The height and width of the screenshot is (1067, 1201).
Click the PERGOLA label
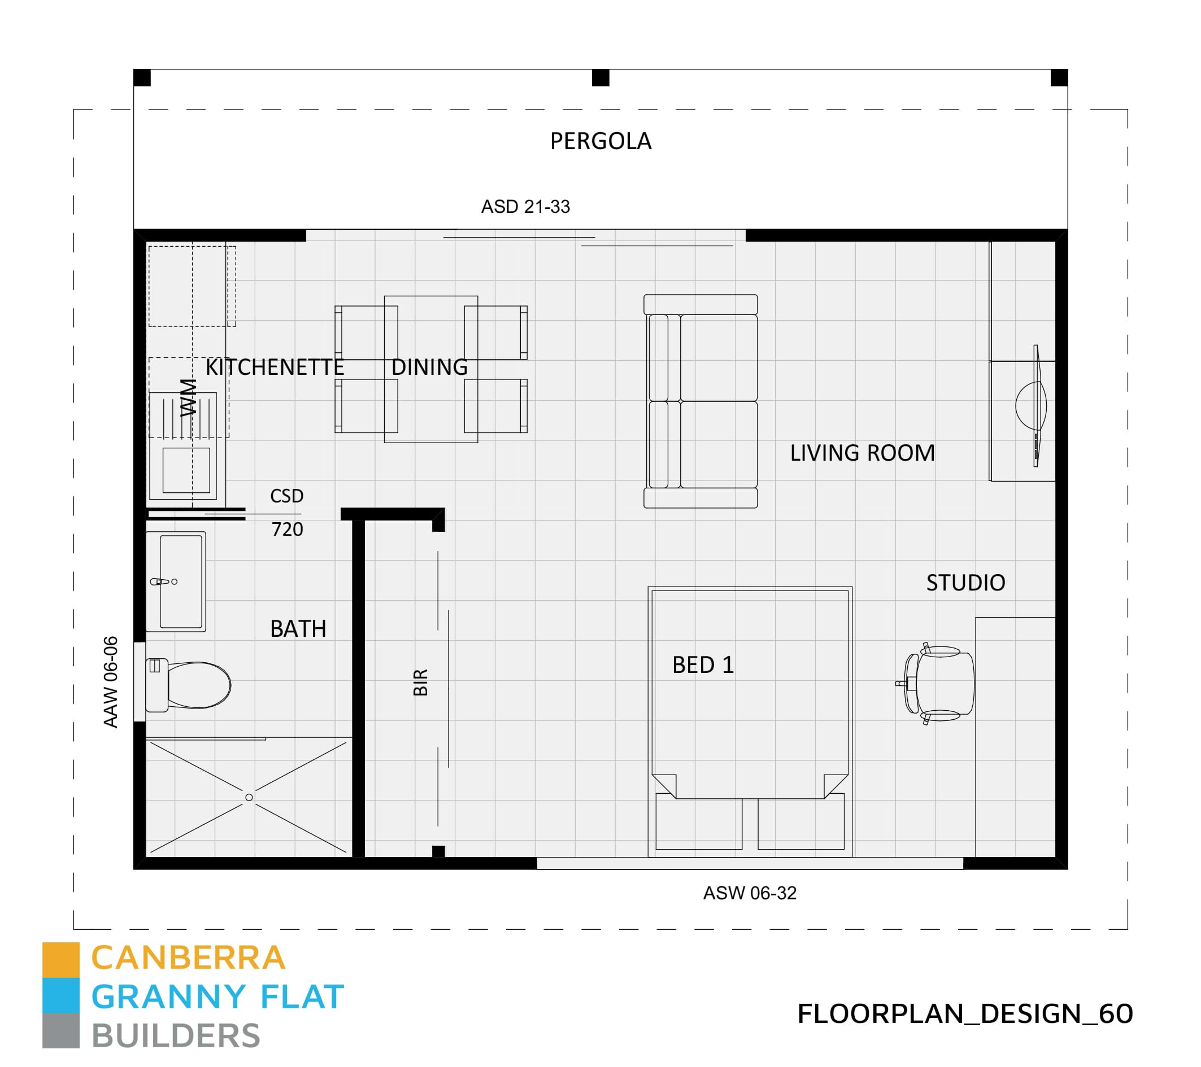[x=600, y=142]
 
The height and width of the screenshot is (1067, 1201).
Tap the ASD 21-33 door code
[x=525, y=207]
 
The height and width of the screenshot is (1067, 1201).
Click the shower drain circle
[x=249, y=798]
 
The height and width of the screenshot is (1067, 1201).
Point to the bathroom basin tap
[x=162, y=581]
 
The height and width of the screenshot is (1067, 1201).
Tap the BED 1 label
[x=703, y=666]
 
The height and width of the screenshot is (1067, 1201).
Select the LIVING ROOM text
[x=862, y=453]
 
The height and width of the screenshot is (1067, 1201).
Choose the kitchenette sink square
[x=186, y=470]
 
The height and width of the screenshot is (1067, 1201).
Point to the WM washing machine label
[x=189, y=397]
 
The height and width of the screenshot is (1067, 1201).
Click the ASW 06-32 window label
[x=750, y=893]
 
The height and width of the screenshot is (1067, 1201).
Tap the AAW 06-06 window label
[x=111, y=682]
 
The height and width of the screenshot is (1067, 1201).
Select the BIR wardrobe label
[x=421, y=682]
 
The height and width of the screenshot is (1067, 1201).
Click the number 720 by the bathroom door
[x=288, y=530]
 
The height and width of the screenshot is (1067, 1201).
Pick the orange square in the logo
[x=60, y=960]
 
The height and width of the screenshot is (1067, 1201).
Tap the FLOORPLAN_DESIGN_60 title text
[x=965, y=1013]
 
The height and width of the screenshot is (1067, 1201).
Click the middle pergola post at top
[x=600, y=77]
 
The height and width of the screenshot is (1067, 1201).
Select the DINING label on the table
[x=429, y=368]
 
